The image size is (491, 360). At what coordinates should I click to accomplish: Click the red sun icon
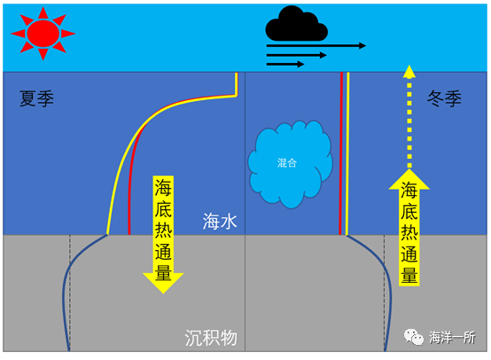tap(43, 34)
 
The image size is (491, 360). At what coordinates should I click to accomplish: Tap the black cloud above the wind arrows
tap(296, 24)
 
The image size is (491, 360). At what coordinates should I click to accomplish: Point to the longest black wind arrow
tap(316, 46)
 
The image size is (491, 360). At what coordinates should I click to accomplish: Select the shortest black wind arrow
tap(285, 64)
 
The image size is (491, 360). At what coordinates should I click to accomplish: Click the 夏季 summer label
tap(36, 98)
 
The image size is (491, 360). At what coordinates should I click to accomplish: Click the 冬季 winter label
tap(444, 98)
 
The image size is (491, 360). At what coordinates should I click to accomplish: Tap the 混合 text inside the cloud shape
tap(287, 162)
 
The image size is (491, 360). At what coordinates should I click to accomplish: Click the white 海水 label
tap(220, 221)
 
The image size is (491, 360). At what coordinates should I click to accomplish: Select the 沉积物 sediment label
tap(211, 338)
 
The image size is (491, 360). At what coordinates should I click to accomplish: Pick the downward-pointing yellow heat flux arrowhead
tap(163, 283)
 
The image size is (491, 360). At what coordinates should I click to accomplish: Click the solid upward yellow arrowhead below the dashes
tap(409, 179)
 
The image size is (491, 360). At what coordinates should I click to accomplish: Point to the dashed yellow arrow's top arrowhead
tap(409, 72)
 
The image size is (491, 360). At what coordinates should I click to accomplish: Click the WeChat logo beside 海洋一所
tap(413, 337)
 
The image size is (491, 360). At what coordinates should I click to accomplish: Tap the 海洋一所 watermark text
tap(452, 338)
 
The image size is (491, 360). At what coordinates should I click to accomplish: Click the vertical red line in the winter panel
tap(341, 153)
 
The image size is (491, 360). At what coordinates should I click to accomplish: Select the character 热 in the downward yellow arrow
tap(163, 230)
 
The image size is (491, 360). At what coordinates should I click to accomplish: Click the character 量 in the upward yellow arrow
tap(409, 275)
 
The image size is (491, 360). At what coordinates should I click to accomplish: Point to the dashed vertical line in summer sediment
tap(70, 293)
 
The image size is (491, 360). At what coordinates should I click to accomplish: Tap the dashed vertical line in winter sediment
tap(385, 293)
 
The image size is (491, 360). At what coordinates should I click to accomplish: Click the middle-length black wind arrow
tap(297, 55)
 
